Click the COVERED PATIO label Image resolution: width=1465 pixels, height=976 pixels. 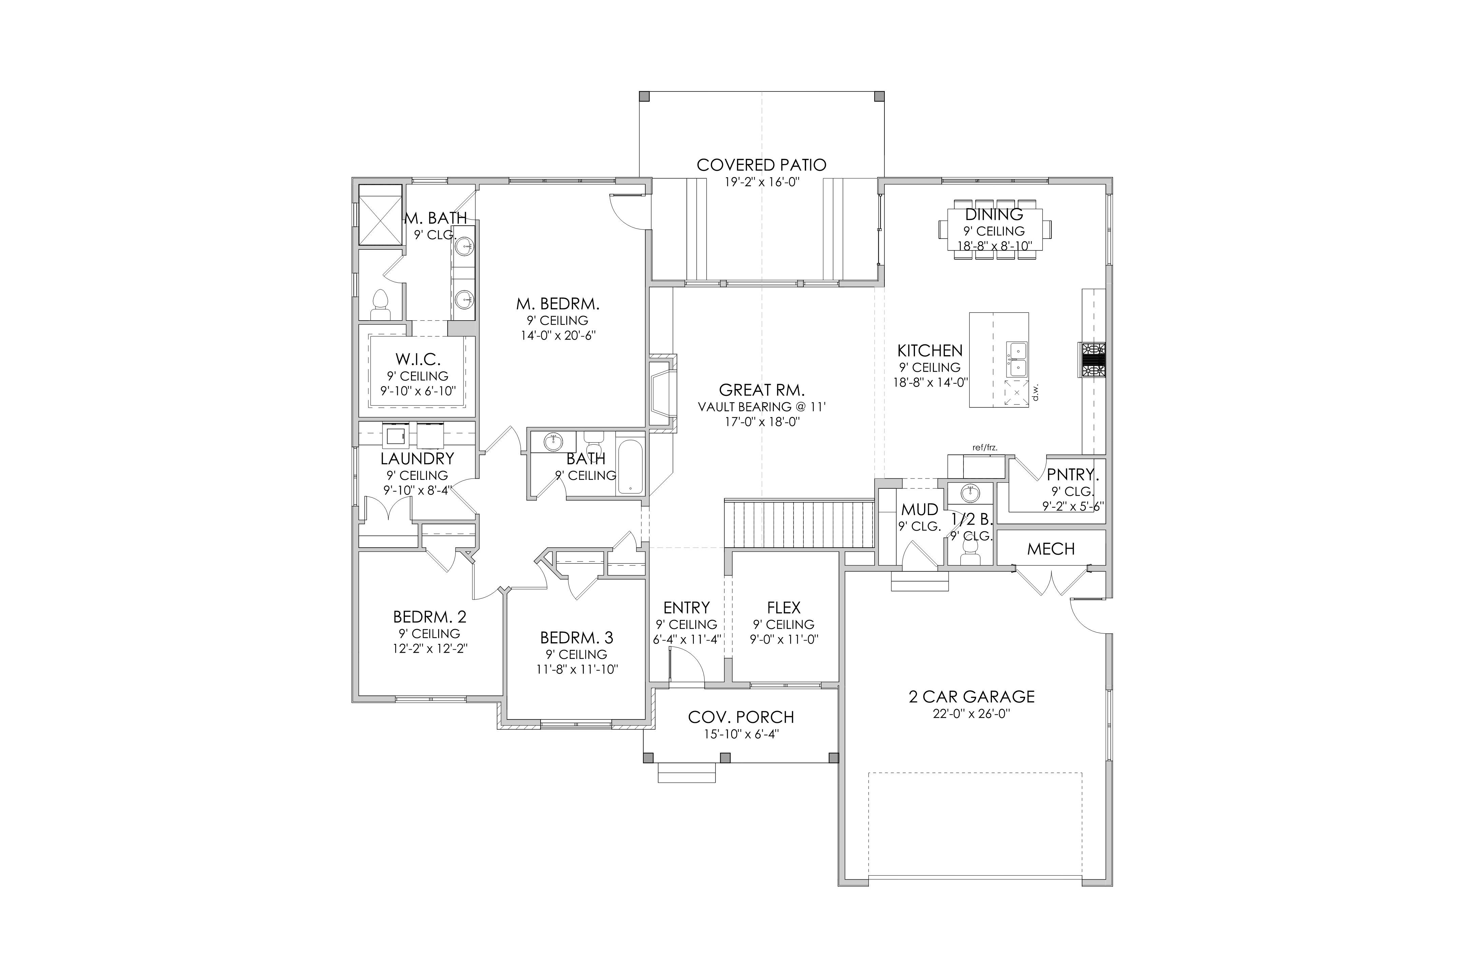coord(761,165)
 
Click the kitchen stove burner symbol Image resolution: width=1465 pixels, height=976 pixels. coord(1093,360)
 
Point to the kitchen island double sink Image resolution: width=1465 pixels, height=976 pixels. coord(1017,359)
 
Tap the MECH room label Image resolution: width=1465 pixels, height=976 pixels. coord(1051,549)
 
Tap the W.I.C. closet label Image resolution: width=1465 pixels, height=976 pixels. coord(418,359)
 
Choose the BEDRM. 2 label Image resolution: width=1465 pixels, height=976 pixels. coord(430,617)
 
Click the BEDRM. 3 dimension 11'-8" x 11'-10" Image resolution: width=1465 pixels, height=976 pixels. coord(577,670)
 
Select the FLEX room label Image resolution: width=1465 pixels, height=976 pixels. coord(784,608)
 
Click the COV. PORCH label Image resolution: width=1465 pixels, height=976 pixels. coord(741,717)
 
